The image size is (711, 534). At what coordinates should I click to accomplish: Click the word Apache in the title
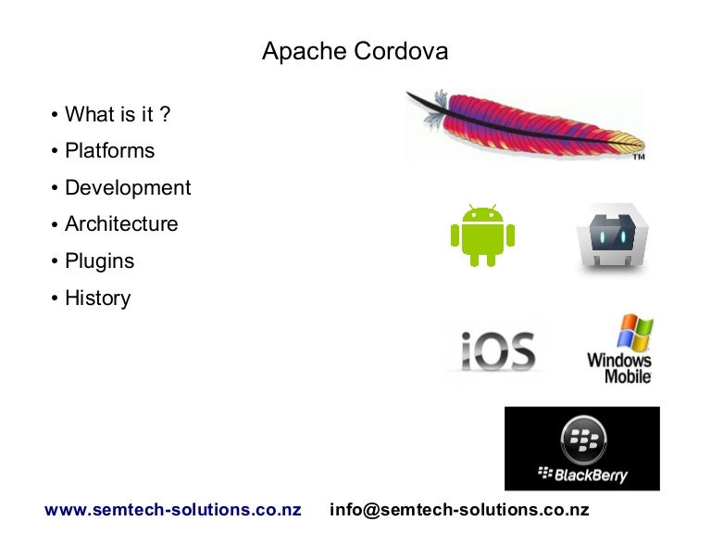305,51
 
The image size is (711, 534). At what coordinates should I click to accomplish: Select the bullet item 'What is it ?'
118,114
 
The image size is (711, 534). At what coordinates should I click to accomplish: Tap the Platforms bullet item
109,150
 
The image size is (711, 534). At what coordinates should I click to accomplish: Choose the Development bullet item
128,187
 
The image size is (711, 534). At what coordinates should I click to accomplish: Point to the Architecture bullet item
121,224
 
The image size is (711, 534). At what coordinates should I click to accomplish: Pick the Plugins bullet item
99,261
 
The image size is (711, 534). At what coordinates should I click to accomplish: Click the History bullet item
97,299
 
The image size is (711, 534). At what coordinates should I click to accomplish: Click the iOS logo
497,351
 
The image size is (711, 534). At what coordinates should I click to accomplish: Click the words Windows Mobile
619,368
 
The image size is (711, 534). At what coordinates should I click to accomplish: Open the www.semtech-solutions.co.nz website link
173,510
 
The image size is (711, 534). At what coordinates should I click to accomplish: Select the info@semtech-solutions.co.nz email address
459,510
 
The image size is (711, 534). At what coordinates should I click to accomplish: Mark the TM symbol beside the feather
638,158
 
